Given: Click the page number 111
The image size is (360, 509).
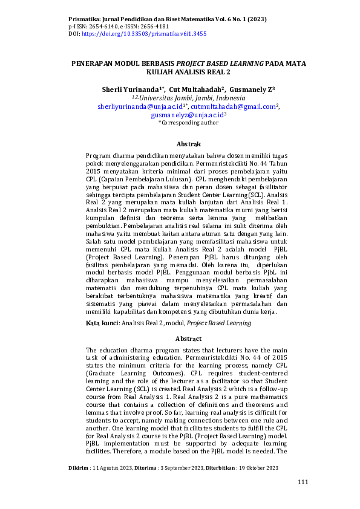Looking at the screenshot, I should [303, 481].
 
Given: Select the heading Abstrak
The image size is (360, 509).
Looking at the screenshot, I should [188, 145].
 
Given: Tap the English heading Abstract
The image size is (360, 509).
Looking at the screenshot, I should [188, 339].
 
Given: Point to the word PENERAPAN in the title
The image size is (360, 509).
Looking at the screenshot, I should [92, 63].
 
